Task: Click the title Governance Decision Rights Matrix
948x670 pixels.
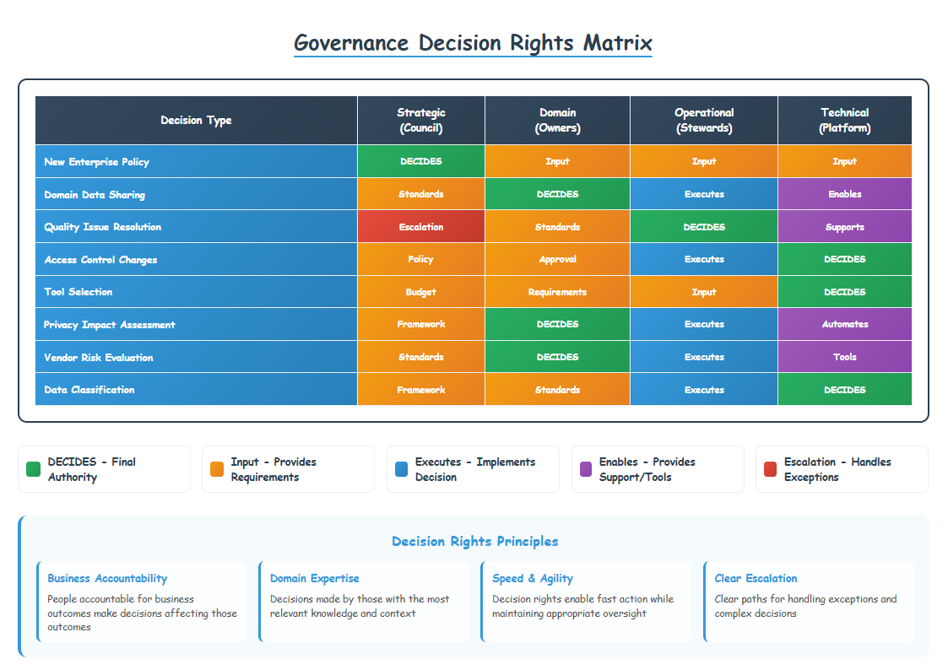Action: tap(473, 42)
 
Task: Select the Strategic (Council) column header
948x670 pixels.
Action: tap(420, 121)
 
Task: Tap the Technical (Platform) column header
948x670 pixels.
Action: tap(844, 121)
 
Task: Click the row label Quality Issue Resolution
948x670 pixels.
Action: tap(102, 227)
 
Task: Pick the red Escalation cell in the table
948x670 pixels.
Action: tap(420, 227)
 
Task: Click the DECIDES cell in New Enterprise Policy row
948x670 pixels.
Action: tap(420, 161)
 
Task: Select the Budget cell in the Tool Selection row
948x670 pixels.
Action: tap(420, 292)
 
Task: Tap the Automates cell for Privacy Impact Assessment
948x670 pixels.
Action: tap(844, 324)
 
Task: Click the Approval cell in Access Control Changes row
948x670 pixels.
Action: tap(557, 259)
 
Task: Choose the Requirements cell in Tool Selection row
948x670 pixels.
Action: tap(557, 292)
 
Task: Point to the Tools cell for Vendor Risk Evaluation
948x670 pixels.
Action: tap(844, 357)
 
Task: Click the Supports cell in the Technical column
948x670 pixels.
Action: tap(844, 227)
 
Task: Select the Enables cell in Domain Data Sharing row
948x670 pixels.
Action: tap(844, 194)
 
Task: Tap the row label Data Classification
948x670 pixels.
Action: tap(89, 390)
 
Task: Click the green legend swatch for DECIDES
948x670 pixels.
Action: tap(33, 469)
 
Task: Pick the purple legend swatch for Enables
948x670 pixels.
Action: tap(584, 469)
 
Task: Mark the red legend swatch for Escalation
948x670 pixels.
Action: tap(769, 469)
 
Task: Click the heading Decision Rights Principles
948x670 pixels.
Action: tap(474, 541)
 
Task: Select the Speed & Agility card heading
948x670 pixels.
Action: tap(533, 578)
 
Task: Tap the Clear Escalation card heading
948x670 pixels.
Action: tap(756, 578)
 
